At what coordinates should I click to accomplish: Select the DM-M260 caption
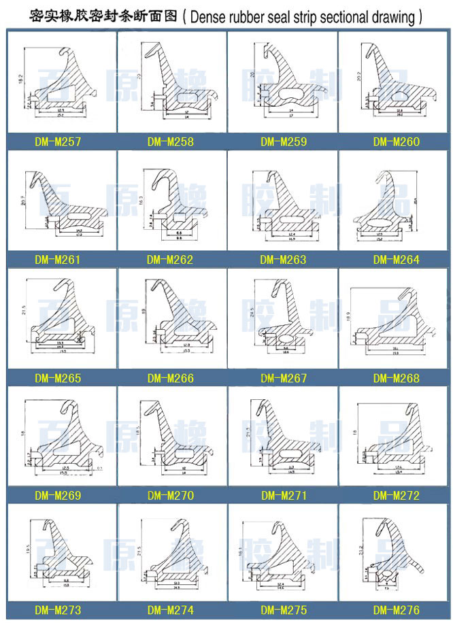point(396,142)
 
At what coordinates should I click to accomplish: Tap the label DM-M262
point(170,260)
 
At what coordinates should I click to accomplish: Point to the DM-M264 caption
point(396,260)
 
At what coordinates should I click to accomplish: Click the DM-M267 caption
point(283,378)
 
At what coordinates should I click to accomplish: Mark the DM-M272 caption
point(396,496)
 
